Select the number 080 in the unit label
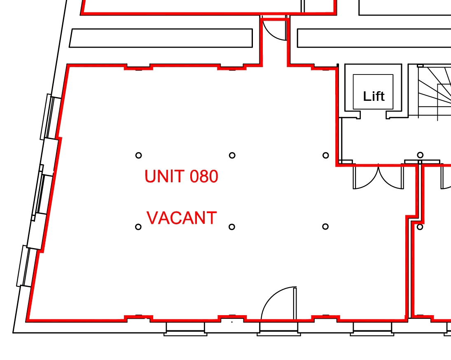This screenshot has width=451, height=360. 204,176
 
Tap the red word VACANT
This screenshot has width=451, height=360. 182,218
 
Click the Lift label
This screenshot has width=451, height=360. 374,96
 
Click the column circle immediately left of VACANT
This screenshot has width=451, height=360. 138,227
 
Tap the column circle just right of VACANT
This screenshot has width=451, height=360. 231,227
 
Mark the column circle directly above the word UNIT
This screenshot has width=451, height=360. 138,155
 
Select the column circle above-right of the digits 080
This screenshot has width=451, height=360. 232,155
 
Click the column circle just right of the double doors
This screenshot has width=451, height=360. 420,155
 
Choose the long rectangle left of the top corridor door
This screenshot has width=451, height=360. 161,38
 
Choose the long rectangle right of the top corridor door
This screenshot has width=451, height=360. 374,38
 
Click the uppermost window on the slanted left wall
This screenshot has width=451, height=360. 50,117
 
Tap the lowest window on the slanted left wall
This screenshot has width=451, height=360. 26,266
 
